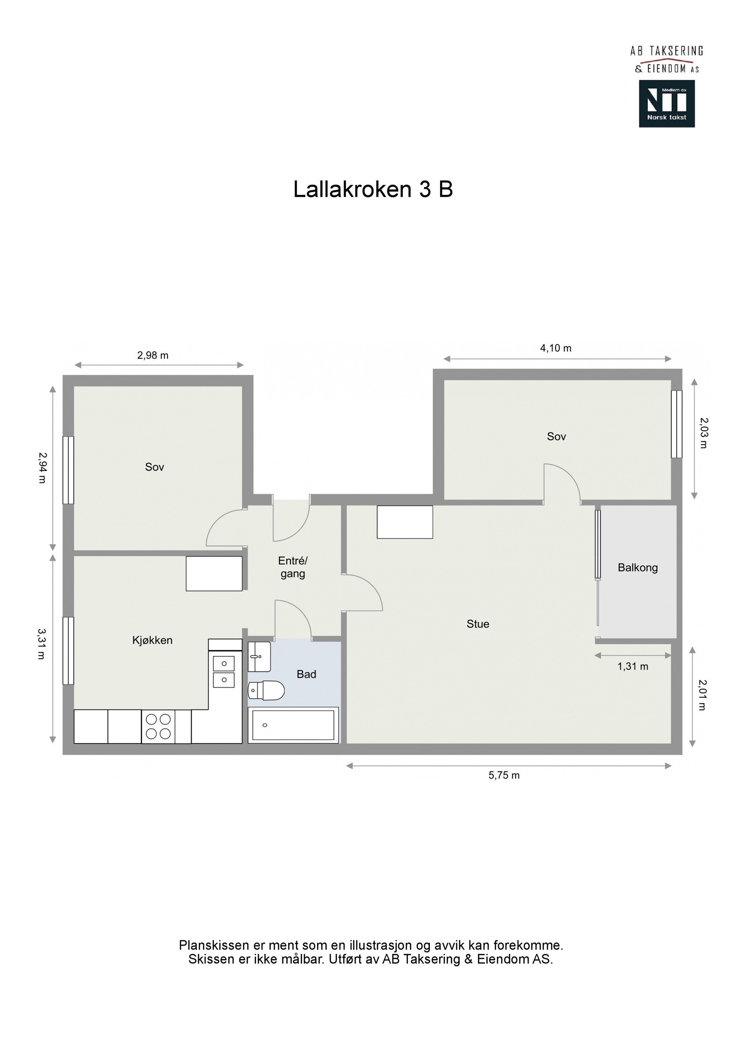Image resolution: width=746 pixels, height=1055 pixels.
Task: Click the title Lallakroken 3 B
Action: [x=373, y=189]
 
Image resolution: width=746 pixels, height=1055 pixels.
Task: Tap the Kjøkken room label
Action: [x=152, y=640]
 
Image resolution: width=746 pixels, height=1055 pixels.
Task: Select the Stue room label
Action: [x=477, y=624]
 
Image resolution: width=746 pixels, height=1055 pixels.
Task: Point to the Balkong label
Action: [x=637, y=567]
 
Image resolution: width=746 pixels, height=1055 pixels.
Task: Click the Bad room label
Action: [x=306, y=674]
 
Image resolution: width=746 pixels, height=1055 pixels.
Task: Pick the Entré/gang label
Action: [x=293, y=567]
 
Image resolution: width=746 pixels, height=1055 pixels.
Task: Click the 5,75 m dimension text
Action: [x=504, y=775]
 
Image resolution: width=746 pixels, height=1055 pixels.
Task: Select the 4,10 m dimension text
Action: [x=556, y=348]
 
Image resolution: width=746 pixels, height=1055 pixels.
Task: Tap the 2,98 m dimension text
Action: [x=152, y=355]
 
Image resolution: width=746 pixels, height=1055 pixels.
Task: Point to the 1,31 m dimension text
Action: [x=633, y=666]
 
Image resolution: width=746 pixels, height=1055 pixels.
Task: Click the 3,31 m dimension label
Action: [x=41, y=644]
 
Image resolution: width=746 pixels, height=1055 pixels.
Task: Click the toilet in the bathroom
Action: [x=266, y=690]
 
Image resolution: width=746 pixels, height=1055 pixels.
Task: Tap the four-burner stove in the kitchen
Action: [x=158, y=726]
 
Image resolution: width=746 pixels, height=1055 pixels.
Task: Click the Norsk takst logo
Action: [x=666, y=103]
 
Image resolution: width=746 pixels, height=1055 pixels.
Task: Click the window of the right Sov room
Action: [x=676, y=424]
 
